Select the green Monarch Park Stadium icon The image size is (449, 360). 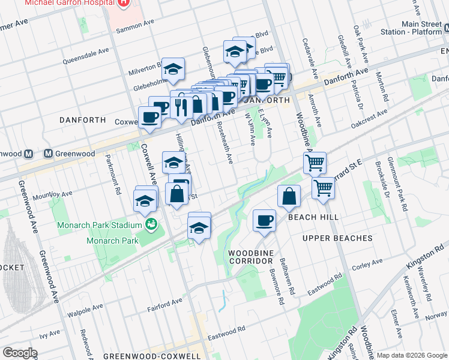[x=152, y=225]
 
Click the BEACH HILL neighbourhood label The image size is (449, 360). [x=314, y=217]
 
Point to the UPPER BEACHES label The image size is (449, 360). [x=337, y=238]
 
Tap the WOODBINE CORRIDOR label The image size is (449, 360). [x=251, y=257]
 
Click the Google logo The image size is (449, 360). [x=20, y=353]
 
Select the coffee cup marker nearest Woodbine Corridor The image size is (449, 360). [x=263, y=220]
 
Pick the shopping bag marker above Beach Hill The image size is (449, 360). [x=289, y=196]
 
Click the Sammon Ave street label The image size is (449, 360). [x=134, y=28]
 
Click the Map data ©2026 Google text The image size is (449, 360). [x=412, y=355]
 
